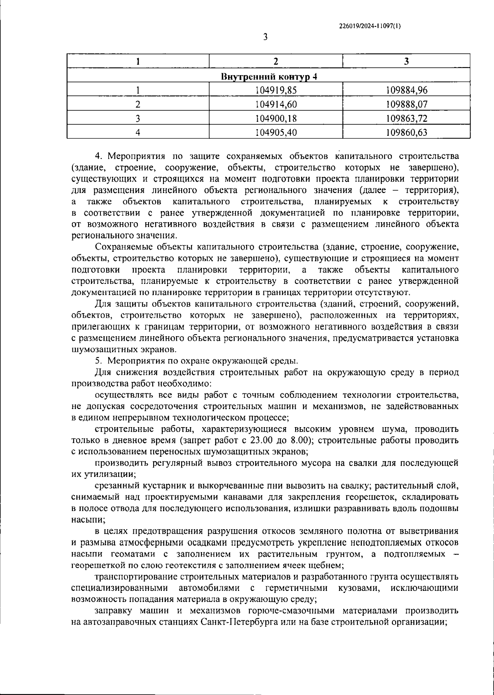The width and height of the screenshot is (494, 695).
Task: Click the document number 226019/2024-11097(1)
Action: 370,26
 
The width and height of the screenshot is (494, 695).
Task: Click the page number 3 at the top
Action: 265,37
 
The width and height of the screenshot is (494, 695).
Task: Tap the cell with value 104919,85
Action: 276,90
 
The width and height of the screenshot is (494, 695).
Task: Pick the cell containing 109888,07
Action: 407,104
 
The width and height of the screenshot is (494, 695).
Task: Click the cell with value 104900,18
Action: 276,119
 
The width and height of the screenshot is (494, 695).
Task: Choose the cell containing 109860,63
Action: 407,132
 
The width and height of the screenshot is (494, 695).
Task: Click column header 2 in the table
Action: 276,62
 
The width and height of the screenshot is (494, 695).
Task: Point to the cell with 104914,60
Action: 276,104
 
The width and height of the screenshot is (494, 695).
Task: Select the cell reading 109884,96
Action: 407,90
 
